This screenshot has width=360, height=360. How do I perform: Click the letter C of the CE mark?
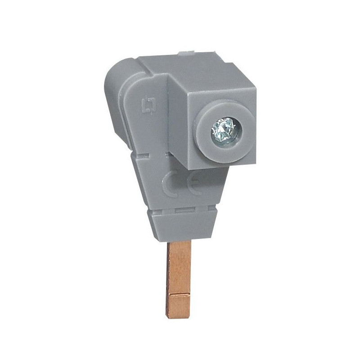click(171, 184)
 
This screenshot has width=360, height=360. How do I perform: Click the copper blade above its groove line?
click(178, 267)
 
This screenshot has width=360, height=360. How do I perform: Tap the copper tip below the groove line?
click(178, 306)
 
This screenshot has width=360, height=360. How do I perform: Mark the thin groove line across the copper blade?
click(178, 294)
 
